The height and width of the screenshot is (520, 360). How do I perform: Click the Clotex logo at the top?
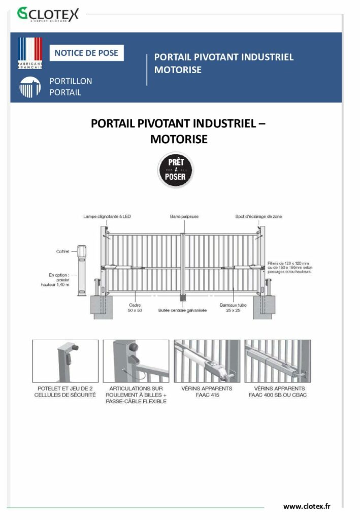click(48, 14)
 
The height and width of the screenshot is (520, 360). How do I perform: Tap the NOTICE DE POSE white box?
click(86, 53)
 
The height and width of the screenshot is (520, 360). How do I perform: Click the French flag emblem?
click(30, 53)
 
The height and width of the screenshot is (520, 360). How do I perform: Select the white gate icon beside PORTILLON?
click(30, 87)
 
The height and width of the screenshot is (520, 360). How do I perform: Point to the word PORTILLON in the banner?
click(71, 81)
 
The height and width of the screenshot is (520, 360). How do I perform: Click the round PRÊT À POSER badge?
click(175, 170)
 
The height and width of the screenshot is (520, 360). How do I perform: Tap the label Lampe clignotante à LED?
click(107, 217)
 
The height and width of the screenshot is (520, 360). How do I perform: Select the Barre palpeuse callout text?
click(184, 217)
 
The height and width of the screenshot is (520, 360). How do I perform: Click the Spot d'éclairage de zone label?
click(258, 217)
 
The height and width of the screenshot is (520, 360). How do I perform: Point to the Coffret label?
click(63, 251)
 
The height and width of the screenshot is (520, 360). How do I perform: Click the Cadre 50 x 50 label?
click(135, 307)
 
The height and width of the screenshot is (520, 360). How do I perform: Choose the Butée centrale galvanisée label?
click(182, 310)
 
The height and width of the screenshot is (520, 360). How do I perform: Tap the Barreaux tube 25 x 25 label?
click(234, 307)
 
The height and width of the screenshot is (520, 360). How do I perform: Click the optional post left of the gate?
click(83, 270)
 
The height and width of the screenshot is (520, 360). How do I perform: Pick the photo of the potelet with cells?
click(66, 361)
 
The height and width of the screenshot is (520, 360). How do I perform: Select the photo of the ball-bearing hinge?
click(136, 361)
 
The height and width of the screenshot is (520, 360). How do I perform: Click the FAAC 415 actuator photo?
click(207, 361)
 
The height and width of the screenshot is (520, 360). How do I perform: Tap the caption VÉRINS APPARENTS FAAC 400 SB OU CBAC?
click(277, 391)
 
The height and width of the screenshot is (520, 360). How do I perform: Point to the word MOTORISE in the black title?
click(179, 139)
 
